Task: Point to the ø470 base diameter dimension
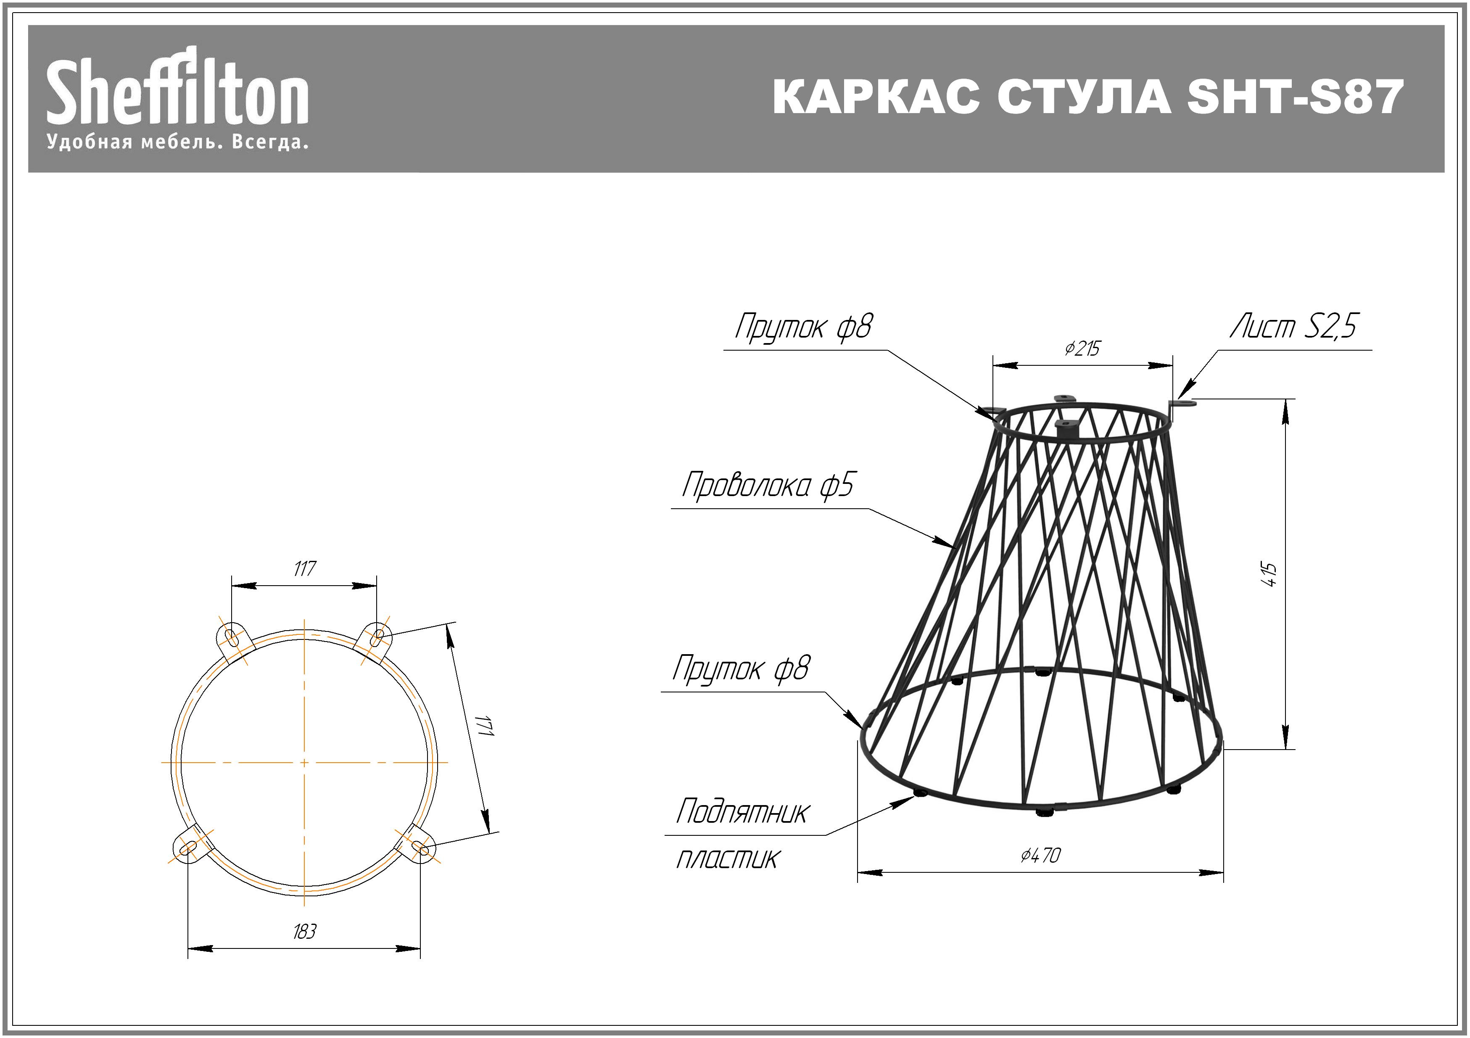[1041, 854]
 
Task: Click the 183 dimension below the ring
[305, 931]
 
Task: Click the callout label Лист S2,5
[1293, 327]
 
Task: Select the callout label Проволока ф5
[768, 485]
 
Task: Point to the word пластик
[727, 859]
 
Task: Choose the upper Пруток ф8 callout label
[803, 327]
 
